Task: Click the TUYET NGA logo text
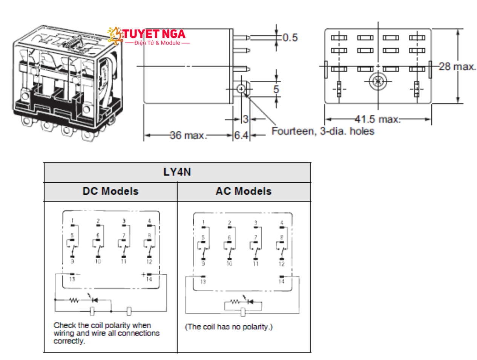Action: [x=154, y=34]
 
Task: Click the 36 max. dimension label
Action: [x=188, y=135]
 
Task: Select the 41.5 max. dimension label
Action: [x=377, y=119]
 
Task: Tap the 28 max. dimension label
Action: [x=457, y=67]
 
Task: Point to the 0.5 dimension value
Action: [x=290, y=38]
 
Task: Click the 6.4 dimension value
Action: [x=241, y=135]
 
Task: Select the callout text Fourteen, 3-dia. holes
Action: [x=323, y=131]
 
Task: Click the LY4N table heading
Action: [x=177, y=172]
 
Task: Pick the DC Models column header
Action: [x=110, y=191]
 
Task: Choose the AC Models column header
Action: [x=244, y=191]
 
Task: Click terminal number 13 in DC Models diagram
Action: [x=72, y=279]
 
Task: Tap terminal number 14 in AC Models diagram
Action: [x=281, y=282]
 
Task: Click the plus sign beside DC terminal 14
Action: [x=143, y=274]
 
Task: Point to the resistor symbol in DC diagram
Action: [x=74, y=300]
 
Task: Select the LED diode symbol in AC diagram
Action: [x=249, y=302]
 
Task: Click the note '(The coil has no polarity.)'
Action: [x=229, y=327]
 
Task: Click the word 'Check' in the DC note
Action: [x=64, y=325]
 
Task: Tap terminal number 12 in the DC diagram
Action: [x=149, y=262]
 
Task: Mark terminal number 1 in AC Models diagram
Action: [x=203, y=223]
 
